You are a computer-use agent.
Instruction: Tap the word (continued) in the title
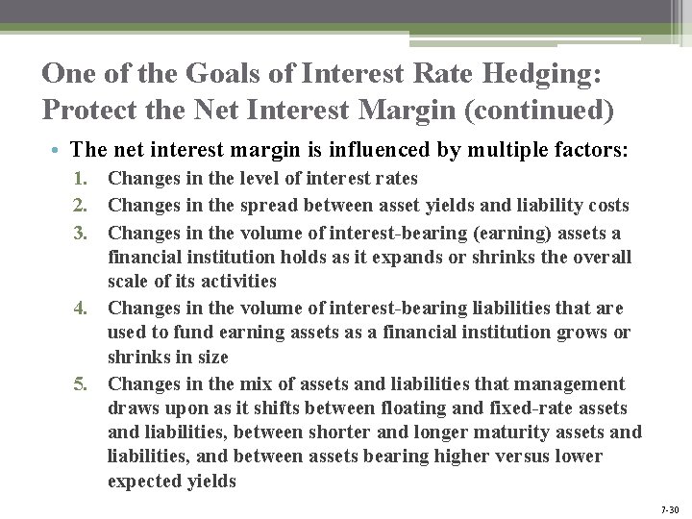539,111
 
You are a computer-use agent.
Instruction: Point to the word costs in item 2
606,205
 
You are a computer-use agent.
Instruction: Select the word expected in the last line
144,482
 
